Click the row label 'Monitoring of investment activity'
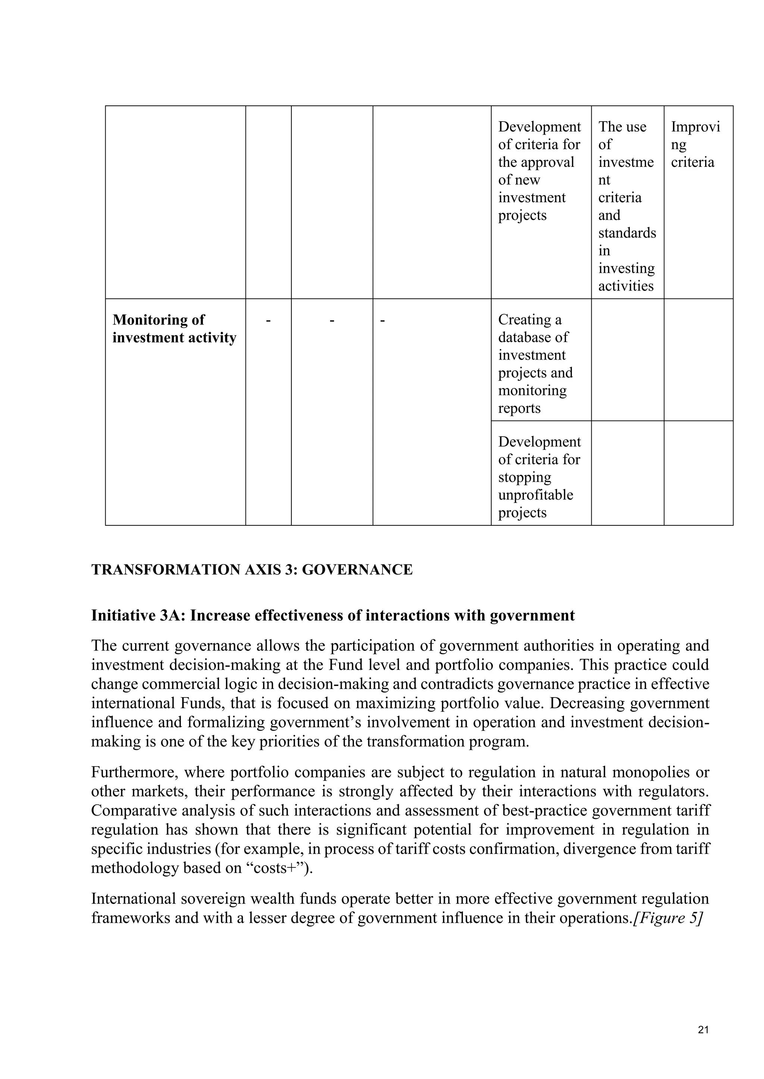[174, 329]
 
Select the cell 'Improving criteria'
[695, 144]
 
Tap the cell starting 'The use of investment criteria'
[627, 206]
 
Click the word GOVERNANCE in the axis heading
[357, 570]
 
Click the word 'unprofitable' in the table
[535, 494]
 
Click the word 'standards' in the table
[627, 232]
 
